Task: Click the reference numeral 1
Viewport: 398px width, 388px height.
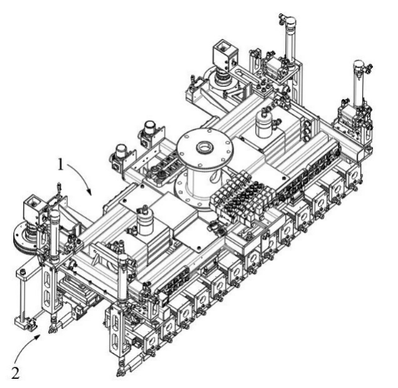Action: [61, 164]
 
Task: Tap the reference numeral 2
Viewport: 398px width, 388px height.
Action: [15, 373]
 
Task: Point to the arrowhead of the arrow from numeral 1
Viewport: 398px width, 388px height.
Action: [89, 192]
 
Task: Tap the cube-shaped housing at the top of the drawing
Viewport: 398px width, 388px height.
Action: [225, 54]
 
